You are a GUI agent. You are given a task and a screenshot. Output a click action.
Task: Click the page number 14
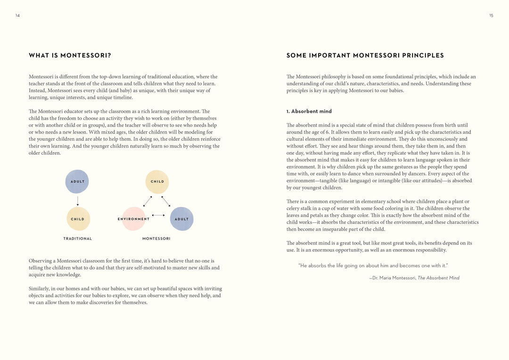click(x=17, y=16)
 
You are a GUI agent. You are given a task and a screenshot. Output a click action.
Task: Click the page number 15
click(x=491, y=16)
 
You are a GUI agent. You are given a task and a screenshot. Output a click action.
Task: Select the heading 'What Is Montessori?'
click(x=70, y=56)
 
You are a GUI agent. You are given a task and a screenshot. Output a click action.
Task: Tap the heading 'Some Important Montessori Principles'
click(x=365, y=56)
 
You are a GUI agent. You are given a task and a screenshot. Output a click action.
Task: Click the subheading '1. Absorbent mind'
click(x=309, y=112)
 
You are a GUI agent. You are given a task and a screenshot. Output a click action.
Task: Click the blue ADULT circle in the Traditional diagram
click(x=77, y=181)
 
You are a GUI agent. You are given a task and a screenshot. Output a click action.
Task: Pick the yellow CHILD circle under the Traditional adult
click(x=78, y=219)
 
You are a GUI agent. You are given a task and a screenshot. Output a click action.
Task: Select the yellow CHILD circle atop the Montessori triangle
click(x=157, y=181)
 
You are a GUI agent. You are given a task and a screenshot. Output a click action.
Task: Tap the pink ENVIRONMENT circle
click(x=134, y=219)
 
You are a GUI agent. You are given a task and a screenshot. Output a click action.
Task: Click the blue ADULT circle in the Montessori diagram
click(x=181, y=219)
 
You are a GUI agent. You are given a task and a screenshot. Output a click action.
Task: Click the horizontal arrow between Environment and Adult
click(x=158, y=215)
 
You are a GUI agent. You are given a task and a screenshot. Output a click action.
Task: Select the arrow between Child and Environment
click(x=148, y=201)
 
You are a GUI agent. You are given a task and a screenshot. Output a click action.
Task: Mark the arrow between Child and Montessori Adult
click(x=166, y=201)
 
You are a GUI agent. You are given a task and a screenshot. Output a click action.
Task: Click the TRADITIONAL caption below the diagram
click(x=78, y=239)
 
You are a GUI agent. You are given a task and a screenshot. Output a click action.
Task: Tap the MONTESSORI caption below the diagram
click(x=156, y=239)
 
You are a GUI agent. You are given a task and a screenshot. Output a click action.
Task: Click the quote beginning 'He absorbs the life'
click(x=373, y=266)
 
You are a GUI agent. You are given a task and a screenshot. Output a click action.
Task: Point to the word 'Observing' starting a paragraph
click(x=40, y=261)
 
